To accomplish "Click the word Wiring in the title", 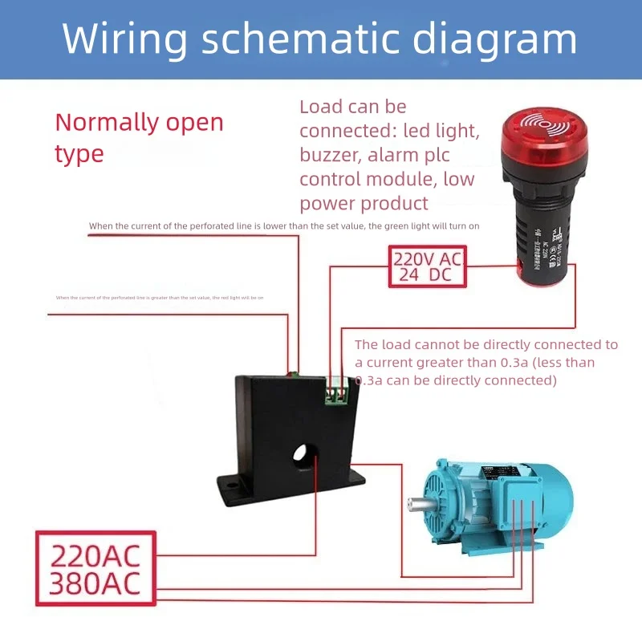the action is click(124, 39).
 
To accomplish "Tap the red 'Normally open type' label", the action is click(138, 137).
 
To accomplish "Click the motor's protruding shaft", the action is click(418, 505).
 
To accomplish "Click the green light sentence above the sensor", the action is click(284, 226).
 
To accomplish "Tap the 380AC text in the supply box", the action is click(95, 584).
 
